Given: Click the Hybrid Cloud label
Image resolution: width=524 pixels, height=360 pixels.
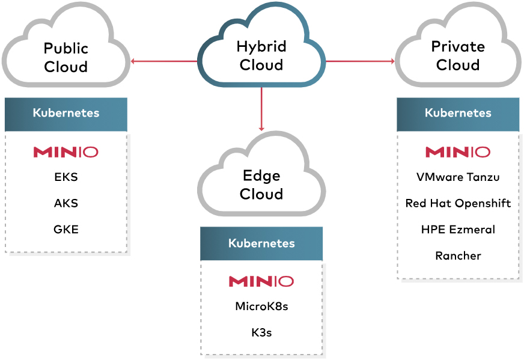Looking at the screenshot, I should (261, 56).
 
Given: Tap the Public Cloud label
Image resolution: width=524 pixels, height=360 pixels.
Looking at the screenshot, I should (66, 57).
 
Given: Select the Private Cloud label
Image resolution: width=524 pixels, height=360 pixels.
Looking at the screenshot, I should (458, 55).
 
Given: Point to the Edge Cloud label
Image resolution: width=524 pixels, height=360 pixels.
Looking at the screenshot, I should (261, 185).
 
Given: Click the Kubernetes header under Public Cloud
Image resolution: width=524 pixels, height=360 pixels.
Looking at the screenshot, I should (66, 113).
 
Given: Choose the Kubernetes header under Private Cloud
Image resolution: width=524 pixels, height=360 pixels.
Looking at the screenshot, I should (458, 113).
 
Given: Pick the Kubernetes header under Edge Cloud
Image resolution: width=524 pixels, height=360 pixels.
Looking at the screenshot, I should (261, 243).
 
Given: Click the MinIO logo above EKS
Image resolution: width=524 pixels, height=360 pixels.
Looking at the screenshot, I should (66, 152).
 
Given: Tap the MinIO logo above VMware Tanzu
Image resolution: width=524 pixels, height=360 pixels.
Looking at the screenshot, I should (458, 152).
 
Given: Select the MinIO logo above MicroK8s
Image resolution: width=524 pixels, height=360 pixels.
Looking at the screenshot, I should (261, 281).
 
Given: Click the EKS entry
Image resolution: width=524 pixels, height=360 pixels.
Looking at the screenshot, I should (66, 177).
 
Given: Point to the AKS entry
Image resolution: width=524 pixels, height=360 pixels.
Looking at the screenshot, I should (66, 203).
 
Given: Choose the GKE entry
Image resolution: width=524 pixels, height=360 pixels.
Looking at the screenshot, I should (66, 229).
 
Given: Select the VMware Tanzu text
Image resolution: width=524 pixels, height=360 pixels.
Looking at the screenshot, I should (458, 177).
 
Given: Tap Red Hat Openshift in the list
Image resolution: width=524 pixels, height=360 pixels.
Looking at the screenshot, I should (458, 203).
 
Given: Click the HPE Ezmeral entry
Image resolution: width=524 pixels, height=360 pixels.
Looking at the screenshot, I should (458, 229).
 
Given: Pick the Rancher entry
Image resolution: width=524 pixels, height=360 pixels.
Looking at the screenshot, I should (458, 255).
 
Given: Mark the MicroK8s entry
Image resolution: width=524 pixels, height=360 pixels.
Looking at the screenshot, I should (261, 307).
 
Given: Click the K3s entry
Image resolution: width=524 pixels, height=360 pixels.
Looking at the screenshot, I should (261, 332).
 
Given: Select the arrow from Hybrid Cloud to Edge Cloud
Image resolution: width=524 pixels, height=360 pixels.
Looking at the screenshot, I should (261, 108).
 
